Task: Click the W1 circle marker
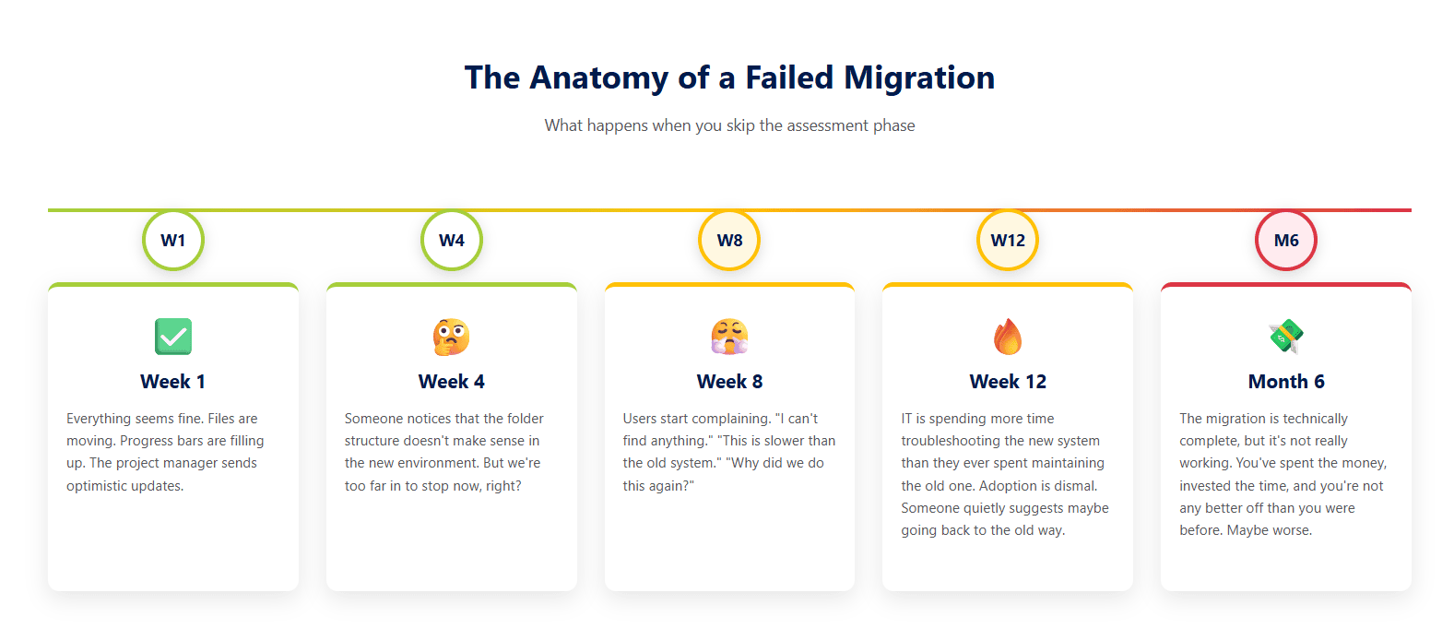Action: point(173,240)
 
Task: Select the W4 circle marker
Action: point(452,240)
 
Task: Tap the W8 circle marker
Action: point(729,240)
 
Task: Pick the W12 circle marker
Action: point(1008,240)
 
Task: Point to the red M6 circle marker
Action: point(1286,240)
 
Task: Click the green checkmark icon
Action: point(173,337)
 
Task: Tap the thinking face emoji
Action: point(452,337)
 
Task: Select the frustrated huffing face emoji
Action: point(729,337)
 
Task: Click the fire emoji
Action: point(1008,337)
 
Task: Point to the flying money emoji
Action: point(1286,337)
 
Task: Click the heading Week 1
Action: point(173,382)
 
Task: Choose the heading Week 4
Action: point(452,382)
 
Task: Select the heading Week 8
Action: point(729,382)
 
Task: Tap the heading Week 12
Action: point(1008,382)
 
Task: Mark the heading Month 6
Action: point(1286,382)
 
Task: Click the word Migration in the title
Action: point(919,78)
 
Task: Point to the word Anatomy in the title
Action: point(599,78)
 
